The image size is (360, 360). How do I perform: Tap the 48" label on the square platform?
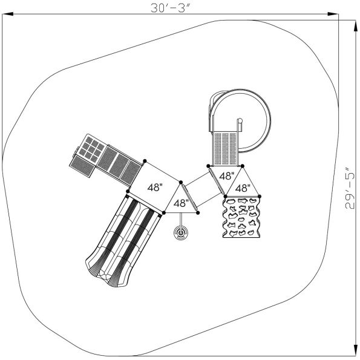click(x=155, y=188)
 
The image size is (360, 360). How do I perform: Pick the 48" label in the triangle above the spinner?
click(x=181, y=203)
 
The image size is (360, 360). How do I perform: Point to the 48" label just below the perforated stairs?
click(x=227, y=176)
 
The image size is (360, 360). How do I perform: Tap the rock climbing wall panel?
click(x=243, y=220)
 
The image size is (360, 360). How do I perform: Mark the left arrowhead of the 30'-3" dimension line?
click(x=5, y=12)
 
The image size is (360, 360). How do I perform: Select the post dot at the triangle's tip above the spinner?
click(x=199, y=212)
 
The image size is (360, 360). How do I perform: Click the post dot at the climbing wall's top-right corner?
click(x=262, y=196)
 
